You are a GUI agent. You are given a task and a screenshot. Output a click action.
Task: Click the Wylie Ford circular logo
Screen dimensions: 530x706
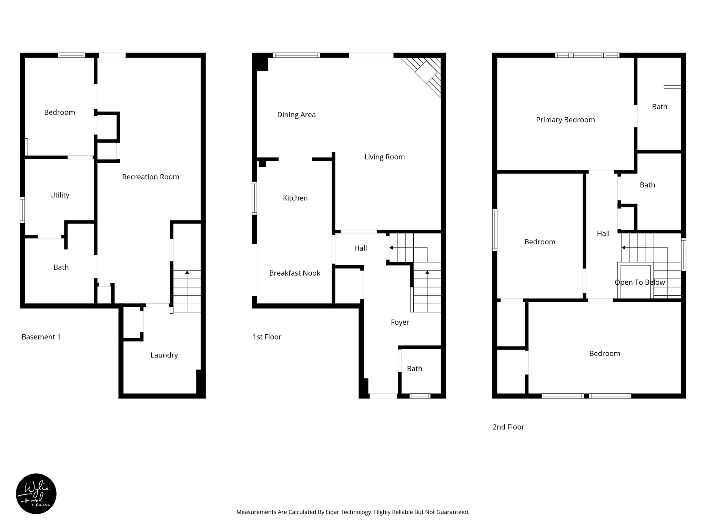click(x=36, y=494)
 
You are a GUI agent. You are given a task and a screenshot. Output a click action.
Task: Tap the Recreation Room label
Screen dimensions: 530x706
click(x=151, y=177)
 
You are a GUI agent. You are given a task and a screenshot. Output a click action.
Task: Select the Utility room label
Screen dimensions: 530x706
click(x=60, y=195)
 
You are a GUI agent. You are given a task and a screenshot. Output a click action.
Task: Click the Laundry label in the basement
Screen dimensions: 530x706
click(x=164, y=355)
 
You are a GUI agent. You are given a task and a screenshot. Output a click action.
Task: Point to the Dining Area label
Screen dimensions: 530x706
click(x=296, y=115)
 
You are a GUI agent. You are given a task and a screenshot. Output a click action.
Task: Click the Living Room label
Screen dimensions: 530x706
click(x=384, y=157)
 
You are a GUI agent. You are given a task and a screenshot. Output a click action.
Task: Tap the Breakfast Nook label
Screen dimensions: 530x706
click(x=294, y=273)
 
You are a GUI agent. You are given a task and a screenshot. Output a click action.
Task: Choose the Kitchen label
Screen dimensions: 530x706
click(x=295, y=198)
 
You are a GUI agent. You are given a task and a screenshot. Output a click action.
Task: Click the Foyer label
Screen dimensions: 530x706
click(x=400, y=322)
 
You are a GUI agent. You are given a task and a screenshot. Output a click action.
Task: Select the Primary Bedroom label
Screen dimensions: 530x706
click(x=565, y=120)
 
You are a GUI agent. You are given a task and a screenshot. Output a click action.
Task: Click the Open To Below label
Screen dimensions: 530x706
click(x=639, y=282)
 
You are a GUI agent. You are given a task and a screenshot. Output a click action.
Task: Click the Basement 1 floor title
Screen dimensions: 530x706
click(x=41, y=337)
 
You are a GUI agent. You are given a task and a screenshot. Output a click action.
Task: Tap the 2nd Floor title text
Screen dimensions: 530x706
click(x=508, y=427)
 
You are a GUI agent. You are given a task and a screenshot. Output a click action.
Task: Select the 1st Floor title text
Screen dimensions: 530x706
click(x=267, y=337)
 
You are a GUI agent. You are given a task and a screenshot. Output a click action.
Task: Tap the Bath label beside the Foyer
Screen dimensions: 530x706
click(x=414, y=369)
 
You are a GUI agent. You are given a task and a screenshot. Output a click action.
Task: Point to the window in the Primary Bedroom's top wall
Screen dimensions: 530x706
click(x=587, y=55)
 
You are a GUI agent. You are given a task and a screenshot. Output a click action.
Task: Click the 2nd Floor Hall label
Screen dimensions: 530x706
click(x=603, y=234)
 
